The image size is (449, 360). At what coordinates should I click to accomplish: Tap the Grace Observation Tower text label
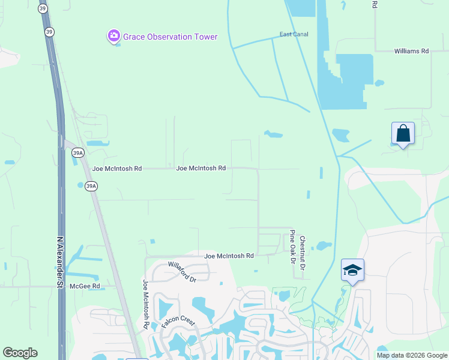[x=170, y=37]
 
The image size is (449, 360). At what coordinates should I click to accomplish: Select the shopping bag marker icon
[x=402, y=134]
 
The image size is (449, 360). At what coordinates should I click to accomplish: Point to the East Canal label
[x=294, y=34]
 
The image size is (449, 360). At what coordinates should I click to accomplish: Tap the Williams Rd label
[x=411, y=52]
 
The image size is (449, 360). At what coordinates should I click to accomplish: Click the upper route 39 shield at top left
[x=43, y=8]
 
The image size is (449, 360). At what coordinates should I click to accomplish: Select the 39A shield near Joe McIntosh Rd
[x=91, y=186]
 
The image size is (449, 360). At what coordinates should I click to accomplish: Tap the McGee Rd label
[x=85, y=286]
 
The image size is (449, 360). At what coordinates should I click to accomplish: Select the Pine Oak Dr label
[x=292, y=247]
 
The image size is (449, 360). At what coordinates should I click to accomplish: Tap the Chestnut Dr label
[x=303, y=252]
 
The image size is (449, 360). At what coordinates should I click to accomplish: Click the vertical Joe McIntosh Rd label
[x=146, y=304]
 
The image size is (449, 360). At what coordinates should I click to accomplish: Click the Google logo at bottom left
[x=20, y=353]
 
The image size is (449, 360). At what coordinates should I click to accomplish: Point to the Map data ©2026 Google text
[x=412, y=355]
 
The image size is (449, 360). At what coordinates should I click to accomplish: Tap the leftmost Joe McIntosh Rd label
[x=117, y=169]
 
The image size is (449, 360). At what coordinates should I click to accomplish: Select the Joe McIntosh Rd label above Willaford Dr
[x=229, y=256]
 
